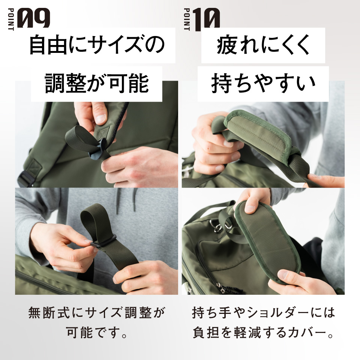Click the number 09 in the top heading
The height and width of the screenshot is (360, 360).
pos(34,18)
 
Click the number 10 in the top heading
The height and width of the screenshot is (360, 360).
pos(206,19)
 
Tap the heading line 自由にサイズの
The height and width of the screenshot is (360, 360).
pos(97,45)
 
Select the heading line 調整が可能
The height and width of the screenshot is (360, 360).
pos(97,83)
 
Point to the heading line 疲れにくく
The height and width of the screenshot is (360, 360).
pos(263,45)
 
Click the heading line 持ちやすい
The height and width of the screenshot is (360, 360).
pos(263,83)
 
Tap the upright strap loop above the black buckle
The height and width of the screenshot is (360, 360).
pos(94,220)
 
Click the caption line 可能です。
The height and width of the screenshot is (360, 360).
pos(97,332)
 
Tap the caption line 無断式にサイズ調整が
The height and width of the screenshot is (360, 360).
pos(97,312)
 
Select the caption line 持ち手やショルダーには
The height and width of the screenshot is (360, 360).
pos(263,312)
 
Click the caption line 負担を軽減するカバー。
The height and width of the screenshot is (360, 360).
pos(263,332)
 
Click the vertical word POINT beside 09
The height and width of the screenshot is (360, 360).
pos(11,19)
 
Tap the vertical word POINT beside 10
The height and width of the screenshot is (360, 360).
pos(187,19)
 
